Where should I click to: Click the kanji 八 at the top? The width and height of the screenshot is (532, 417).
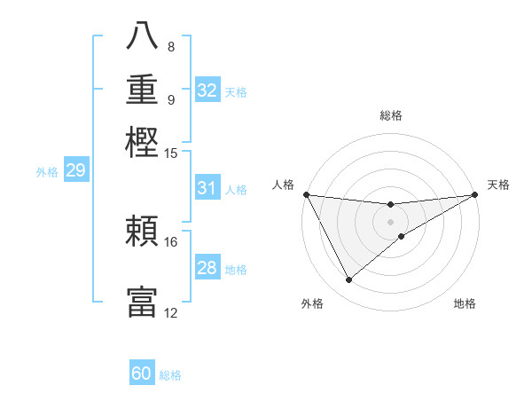142,36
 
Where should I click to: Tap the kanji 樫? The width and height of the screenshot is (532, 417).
142,141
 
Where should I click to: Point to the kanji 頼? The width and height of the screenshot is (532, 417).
142,232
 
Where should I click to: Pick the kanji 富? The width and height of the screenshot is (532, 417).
142,301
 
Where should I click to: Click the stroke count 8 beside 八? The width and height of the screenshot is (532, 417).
170,46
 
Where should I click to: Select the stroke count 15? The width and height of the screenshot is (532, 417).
171,153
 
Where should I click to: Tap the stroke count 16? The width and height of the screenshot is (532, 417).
171,241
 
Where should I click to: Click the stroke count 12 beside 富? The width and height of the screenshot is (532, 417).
171,312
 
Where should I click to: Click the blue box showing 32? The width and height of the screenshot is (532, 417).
207,90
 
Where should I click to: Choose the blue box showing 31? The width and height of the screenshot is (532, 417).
207,188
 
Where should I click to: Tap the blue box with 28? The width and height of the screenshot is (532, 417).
207,268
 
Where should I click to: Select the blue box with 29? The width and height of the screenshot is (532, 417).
75,170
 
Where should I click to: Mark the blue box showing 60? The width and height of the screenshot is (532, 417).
142,374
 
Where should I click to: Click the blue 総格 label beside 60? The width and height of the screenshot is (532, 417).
170,375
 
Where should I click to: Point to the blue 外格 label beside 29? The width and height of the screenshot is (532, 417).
47,172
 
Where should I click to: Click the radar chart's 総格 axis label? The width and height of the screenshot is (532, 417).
390,115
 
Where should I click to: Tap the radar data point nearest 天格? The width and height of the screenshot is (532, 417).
475,195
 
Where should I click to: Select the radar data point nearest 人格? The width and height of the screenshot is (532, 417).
306,194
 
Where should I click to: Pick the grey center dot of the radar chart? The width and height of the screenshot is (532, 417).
390,220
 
